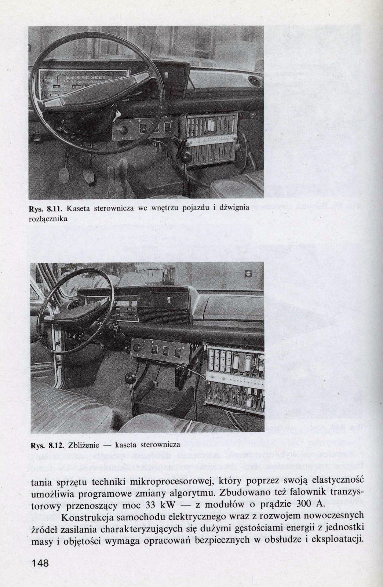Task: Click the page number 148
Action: [x=40, y=562]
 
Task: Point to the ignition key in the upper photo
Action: [x=117, y=114]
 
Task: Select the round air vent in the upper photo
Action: [x=253, y=80]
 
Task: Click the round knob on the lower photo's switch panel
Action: [x=139, y=348]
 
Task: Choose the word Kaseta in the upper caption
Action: [x=82, y=208]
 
